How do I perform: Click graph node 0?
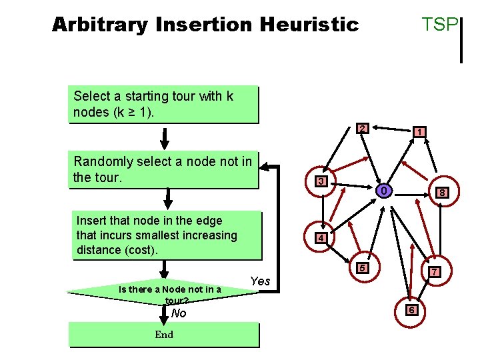[x=383, y=191]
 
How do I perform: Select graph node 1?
[x=419, y=133]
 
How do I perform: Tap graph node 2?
[x=361, y=128]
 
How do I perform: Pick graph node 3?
[x=321, y=182]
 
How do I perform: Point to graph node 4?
[x=321, y=238]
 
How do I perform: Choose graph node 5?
[x=362, y=268]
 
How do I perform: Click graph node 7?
[x=434, y=272]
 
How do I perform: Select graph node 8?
[x=441, y=193]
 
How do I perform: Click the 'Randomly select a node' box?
[x=163, y=169]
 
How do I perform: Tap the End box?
[x=163, y=335]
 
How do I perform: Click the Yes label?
[x=260, y=281]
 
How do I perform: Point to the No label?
[x=179, y=313]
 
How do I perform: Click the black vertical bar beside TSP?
[x=461, y=40]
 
